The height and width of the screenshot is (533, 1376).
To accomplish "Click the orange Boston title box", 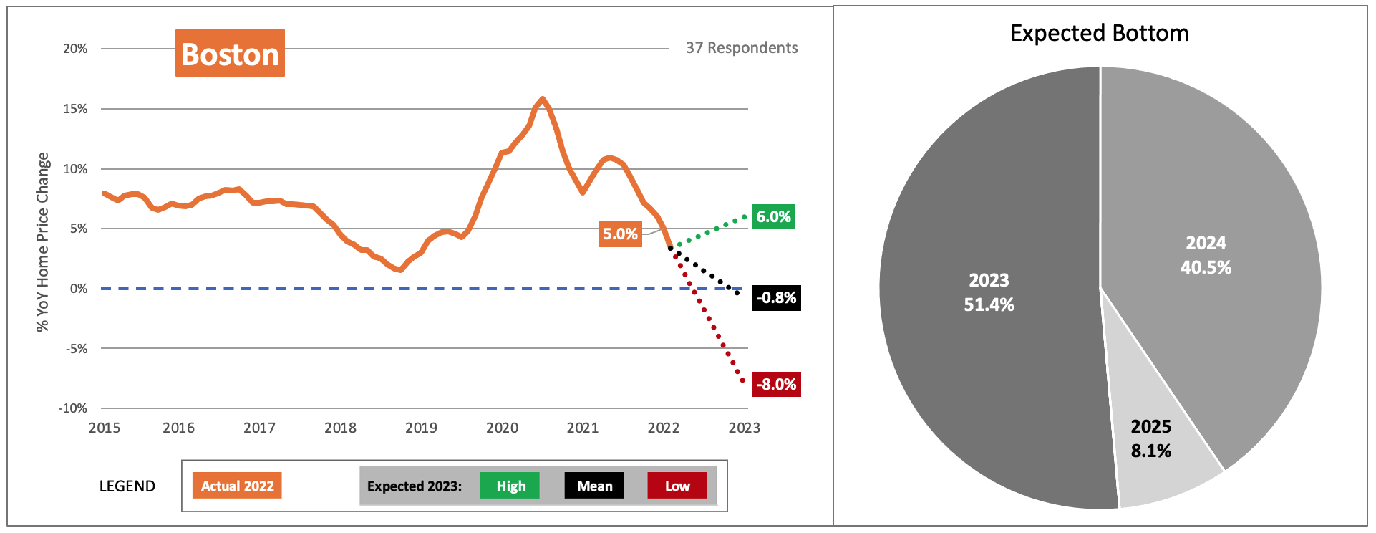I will point(230,54).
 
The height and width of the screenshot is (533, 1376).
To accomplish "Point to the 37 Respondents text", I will point(741,48).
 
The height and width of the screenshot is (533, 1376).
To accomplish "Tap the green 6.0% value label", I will point(773,217).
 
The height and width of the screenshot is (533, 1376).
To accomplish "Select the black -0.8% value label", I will point(776,298).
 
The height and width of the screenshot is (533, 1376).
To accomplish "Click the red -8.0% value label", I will point(776,385).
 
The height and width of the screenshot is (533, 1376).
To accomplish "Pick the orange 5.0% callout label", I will point(619,234).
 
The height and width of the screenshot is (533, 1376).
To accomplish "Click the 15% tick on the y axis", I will point(75,109).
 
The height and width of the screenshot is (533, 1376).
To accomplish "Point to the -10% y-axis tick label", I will point(73,408).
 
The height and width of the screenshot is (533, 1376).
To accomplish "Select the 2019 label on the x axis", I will point(421,428).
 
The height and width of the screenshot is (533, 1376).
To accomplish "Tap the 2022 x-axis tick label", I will point(663,428).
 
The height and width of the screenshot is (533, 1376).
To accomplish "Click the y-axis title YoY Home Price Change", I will point(43,241).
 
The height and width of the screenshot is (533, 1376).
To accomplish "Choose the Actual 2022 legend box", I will point(237,486).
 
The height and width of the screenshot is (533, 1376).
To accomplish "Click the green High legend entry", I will point(510,486).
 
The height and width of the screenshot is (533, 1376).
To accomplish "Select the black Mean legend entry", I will point(594,486).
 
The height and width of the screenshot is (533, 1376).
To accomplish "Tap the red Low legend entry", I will point(677,486).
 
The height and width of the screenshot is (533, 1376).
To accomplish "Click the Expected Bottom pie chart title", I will point(1099,34).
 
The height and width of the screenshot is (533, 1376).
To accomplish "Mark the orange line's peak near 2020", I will point(543,99).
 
